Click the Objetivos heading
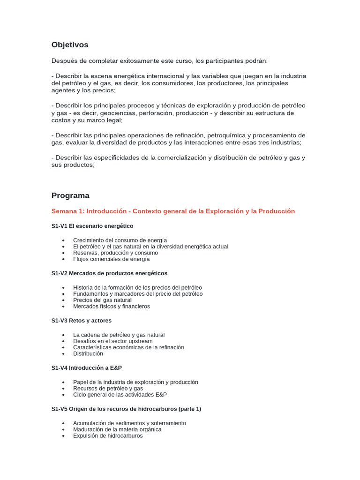[x=70, y=45]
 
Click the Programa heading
[x=70, y=195]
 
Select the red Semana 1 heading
[x=173, y=211]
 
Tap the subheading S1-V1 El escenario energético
[x=92, y=226]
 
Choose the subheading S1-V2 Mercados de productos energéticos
[x=109, y=273]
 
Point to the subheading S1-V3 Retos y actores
[x=82, y=321]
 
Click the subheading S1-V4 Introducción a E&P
[x=87, y=368]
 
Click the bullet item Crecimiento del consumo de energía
[x=120, y=240]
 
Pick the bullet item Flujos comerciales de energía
[x=112, y=259]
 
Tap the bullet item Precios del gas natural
[x=102, y=300]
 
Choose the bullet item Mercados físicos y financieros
[x=112, y=306]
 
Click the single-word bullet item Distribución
[x=88, y=353]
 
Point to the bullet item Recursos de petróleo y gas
[x=108, y=389]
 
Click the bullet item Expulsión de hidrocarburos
[x=108, y=435]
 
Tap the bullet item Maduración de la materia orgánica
[x=117, y=429]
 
